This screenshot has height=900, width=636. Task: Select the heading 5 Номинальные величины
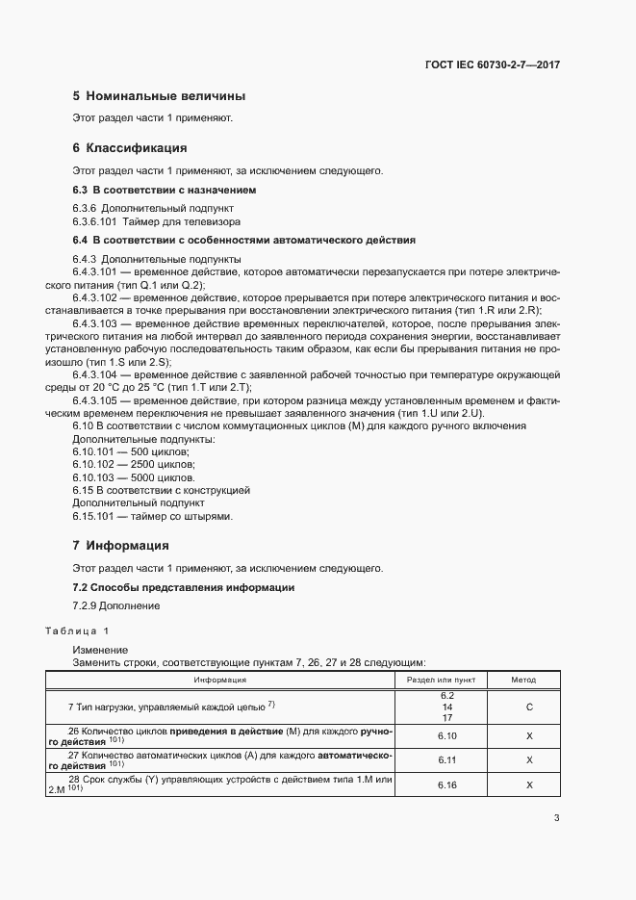(159, 96)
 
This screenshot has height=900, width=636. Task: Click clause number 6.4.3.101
(94, 273)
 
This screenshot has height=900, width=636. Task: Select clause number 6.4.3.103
(94, 324)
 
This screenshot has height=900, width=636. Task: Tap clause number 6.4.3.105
(94, 400)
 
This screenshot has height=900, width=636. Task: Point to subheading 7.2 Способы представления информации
(184, 587)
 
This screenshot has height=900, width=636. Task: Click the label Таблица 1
(77, 630)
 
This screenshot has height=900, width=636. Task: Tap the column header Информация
(220, 679)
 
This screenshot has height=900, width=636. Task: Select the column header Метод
(523, 679)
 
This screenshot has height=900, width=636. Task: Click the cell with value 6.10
(446, 735)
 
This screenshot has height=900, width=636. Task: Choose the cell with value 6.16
(446, 785)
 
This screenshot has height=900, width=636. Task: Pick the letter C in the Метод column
(529, 706)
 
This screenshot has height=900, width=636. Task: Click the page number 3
(556, 819)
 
